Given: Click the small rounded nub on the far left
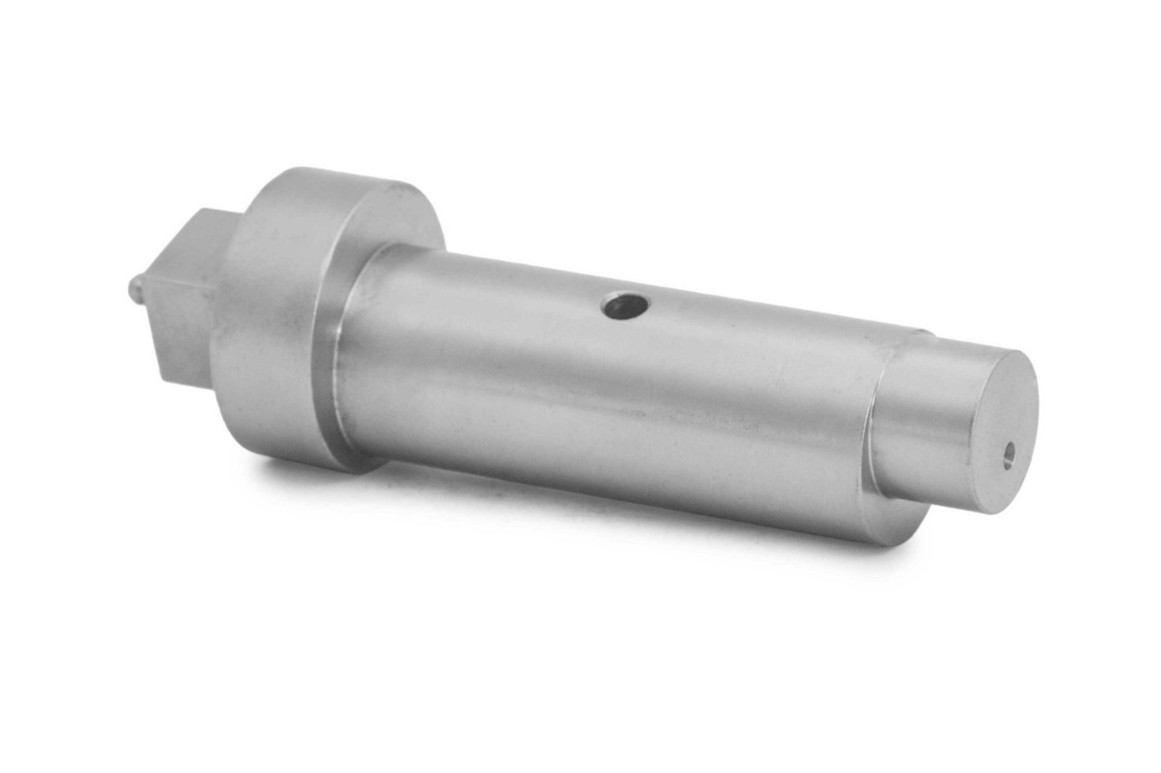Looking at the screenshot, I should click(x=135, y=289).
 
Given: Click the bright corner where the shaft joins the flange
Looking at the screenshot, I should click(x=337, y=363).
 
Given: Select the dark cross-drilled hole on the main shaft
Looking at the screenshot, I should click(x=625, y=308).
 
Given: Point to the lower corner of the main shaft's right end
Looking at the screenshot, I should click(x=893, y=541).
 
